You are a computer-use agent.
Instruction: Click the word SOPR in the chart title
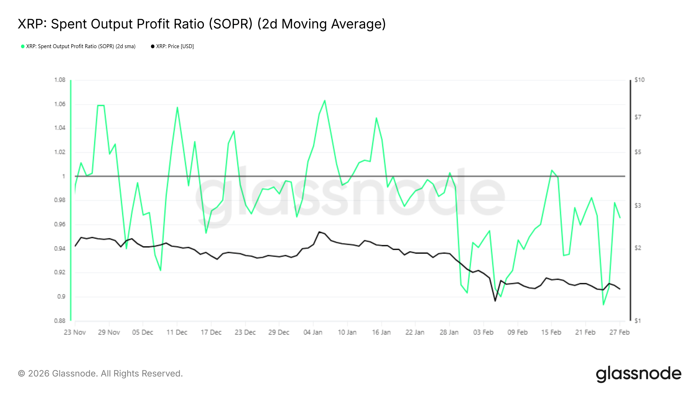[231, 24]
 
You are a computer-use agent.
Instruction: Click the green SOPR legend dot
[23, 46]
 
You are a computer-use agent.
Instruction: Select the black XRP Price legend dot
[153, 46]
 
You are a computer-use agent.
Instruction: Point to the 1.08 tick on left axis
[60, 80]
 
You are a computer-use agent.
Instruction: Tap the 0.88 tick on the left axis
[60, 321]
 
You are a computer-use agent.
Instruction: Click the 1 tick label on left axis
[64, 176]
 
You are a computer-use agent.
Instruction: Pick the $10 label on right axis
[639, 80]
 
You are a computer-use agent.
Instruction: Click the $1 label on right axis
[637, 321]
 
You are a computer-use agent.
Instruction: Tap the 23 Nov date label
[75, 332]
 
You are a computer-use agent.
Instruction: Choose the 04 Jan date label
[313, 332]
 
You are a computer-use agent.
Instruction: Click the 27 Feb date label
[619, 332]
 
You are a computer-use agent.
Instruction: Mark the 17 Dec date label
[211, 332]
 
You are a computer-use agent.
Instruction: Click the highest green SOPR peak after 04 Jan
[325, 101]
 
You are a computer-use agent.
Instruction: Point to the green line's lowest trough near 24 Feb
[604, 304]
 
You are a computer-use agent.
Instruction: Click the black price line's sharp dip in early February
[495, 301]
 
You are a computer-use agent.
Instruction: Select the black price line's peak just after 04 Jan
[319, 232]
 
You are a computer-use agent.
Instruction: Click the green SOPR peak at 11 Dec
[177, 107]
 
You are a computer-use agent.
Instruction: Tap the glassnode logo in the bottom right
[639, 374]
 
